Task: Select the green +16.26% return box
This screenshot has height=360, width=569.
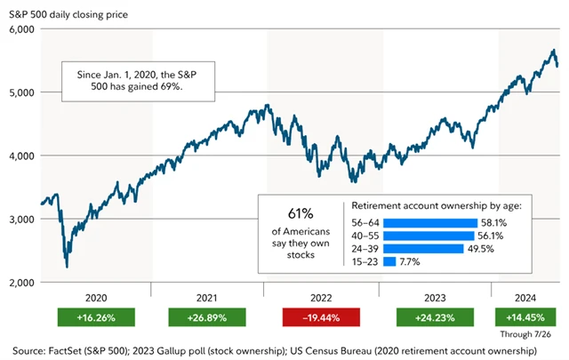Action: [x=95, y=317]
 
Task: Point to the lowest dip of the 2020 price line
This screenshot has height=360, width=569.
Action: [x=67, y=265]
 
